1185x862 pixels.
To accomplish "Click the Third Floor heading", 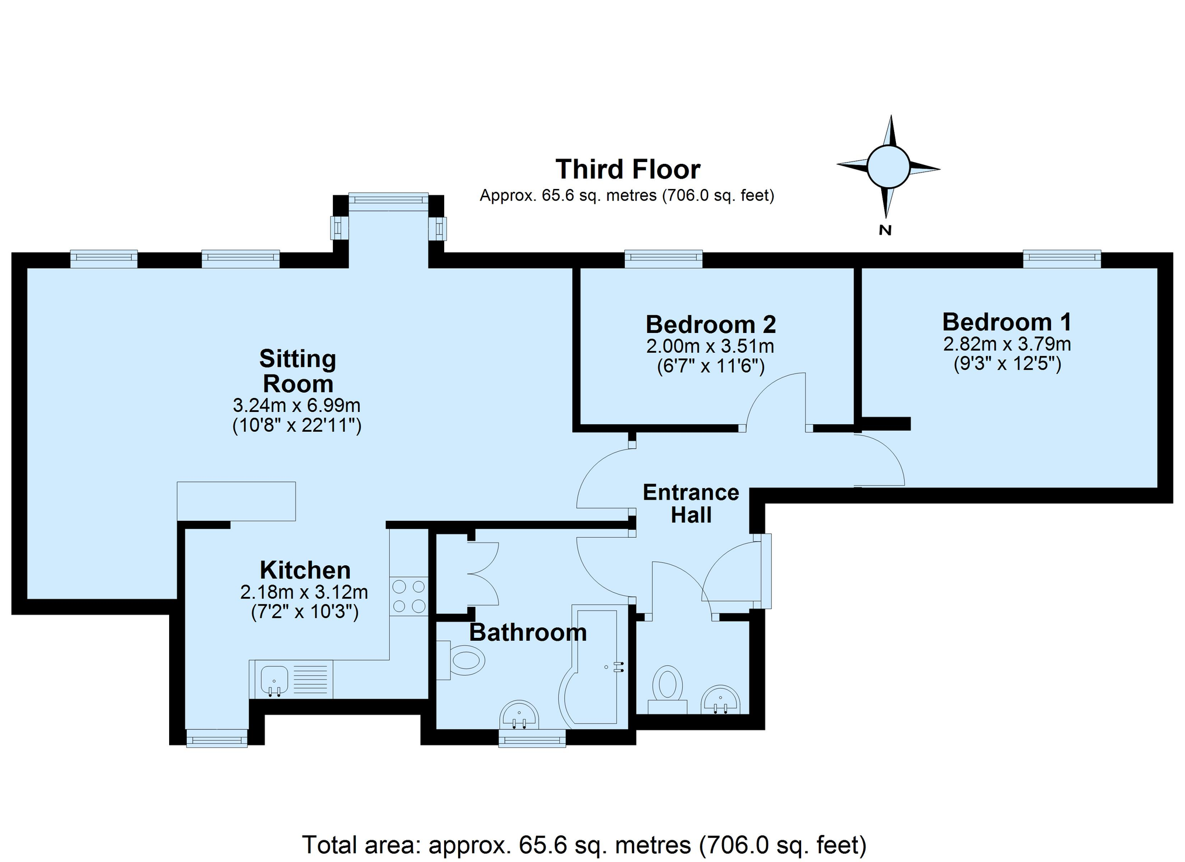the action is (627, 170).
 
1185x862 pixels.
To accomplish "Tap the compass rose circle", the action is (888, 167).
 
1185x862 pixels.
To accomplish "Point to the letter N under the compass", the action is (885, 230).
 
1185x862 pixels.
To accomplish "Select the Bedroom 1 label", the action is (1007, 322).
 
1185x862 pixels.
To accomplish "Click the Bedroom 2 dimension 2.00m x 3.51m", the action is (710, 346).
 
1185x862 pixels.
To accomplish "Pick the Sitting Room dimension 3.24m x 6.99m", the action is (297, 405).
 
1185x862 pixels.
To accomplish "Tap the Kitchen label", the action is (305, 570).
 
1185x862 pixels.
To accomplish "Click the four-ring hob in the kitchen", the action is (409, 596).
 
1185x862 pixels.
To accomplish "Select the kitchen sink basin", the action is (274, 679).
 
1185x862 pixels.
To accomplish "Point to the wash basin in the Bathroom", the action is (519, 715).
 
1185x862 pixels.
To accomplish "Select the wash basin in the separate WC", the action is (721, 700).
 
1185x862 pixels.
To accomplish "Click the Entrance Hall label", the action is (691, 504).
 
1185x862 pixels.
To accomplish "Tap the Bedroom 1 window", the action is (1062, 259).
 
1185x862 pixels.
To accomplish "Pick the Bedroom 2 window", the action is (663, 259).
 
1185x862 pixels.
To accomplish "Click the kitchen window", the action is (217, 739).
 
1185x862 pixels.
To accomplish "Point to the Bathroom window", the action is (532, 739).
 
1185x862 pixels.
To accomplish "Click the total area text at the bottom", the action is (584, 845).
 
